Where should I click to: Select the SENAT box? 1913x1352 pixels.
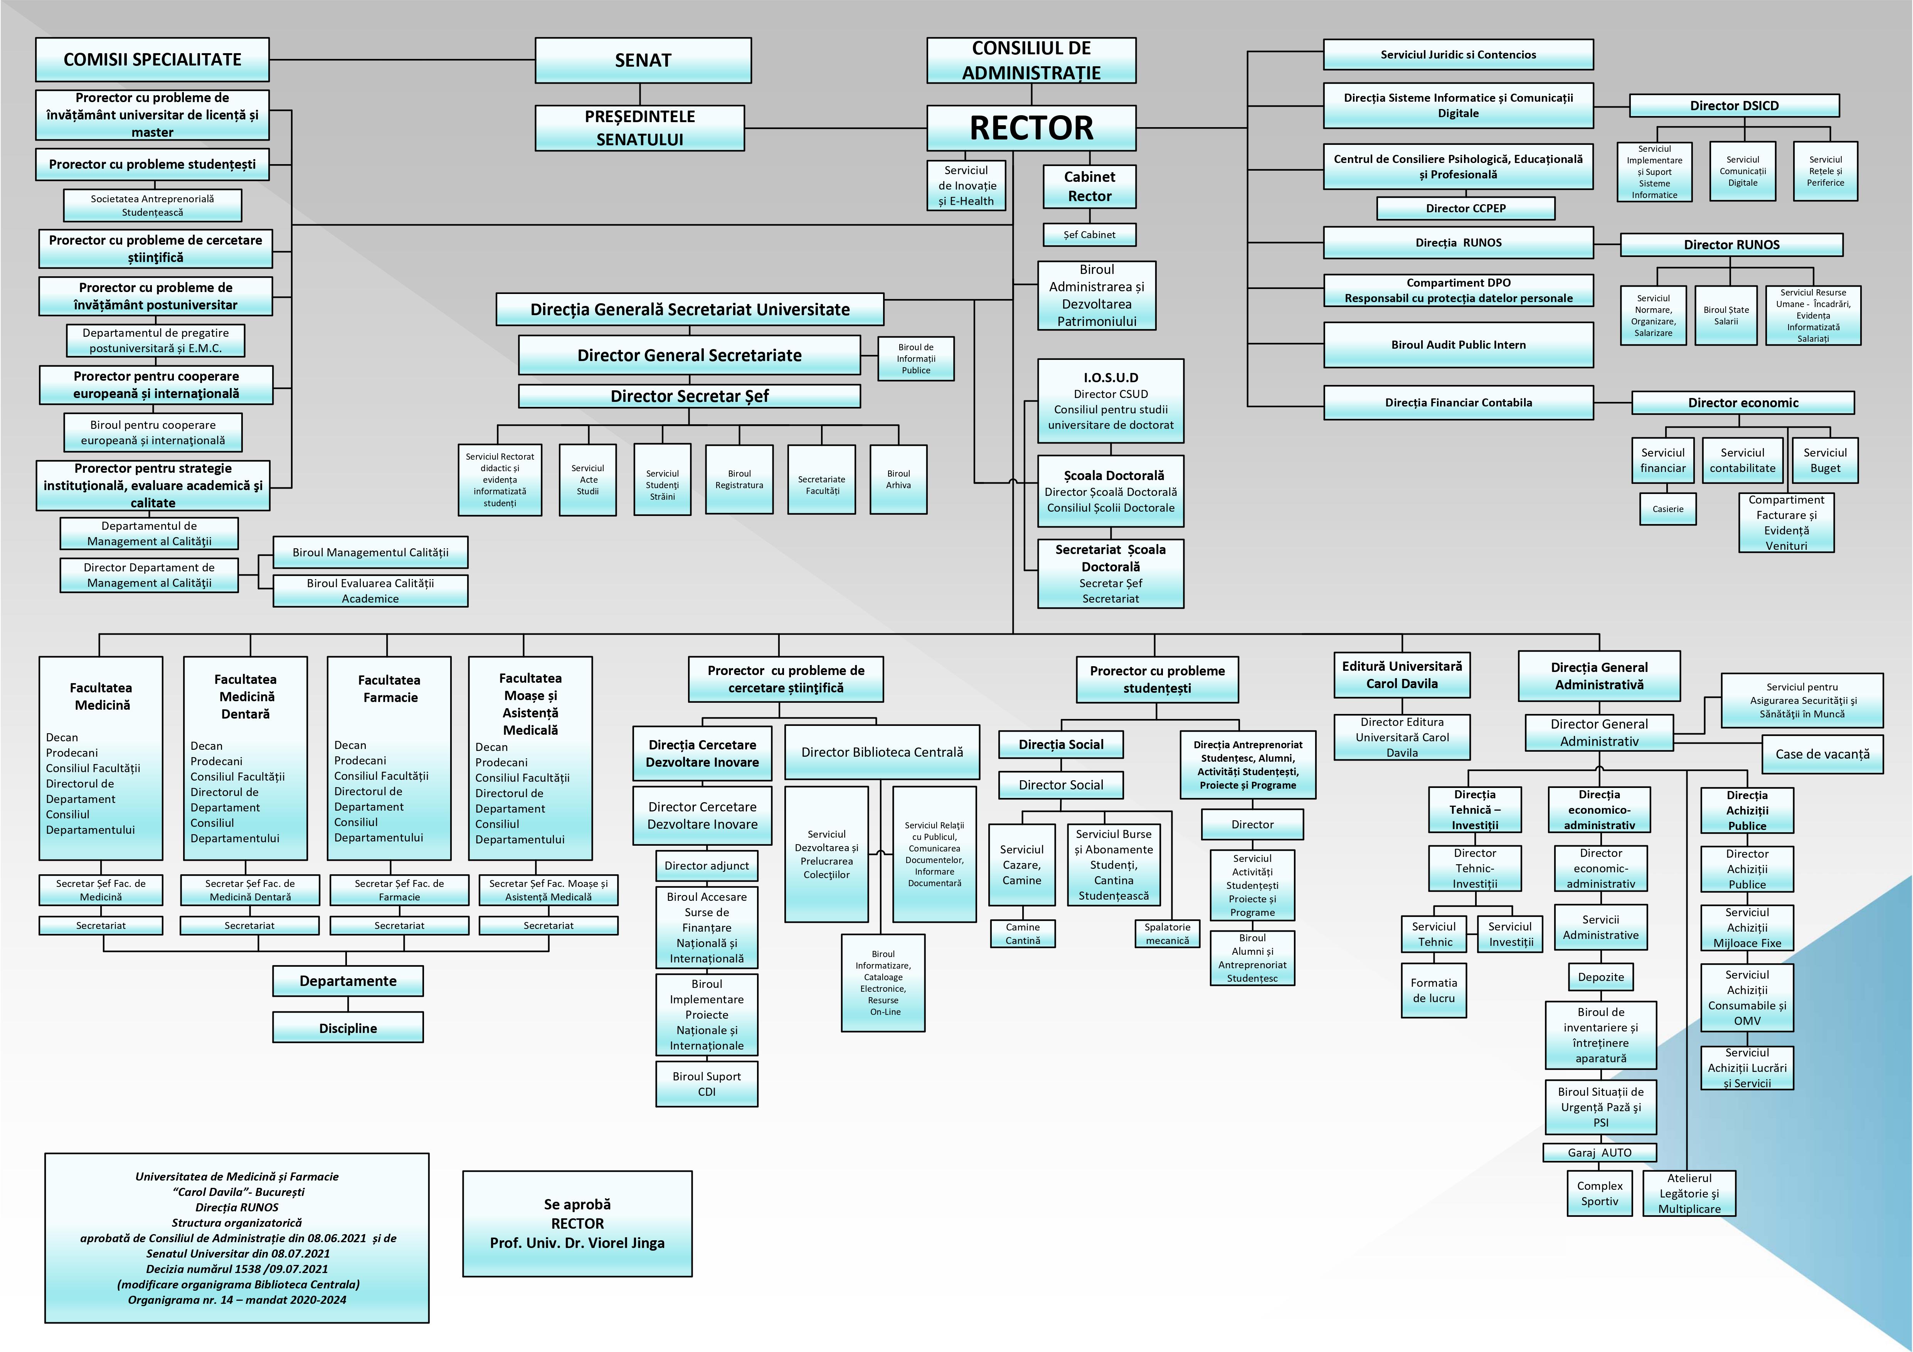tap(643, 60)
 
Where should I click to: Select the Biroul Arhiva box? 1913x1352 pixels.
tap(898, 479)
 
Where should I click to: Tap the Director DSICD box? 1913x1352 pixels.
tap(1734, 106)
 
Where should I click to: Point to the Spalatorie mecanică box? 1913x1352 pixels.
tap(1167, 934)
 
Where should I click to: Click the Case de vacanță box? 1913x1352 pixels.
tap(1822, 754)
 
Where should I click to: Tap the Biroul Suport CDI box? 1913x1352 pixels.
tap(707, 1084)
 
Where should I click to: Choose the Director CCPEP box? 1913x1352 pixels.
tap(1465, 208)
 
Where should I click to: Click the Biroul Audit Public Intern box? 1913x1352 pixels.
tap(1458, 345)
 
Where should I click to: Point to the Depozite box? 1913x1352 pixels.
tap(1600, 977)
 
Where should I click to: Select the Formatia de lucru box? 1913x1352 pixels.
tap(1433, 991)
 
